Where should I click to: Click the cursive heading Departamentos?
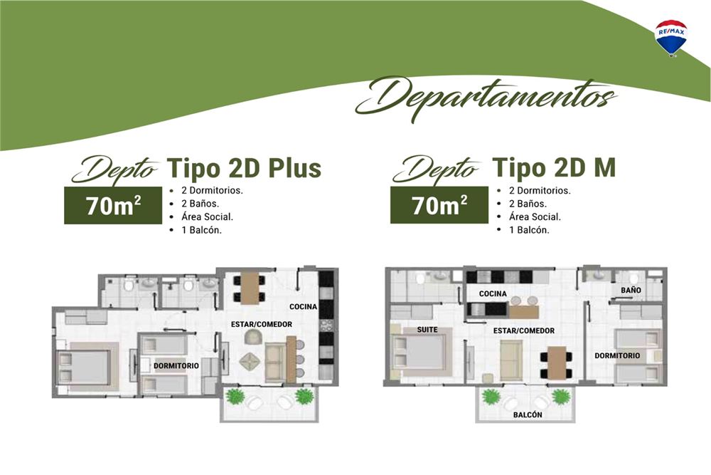click(486, 98)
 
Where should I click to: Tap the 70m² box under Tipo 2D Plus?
click(113, 205)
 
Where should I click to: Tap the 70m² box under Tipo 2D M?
click(439, 205)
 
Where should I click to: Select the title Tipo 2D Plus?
click(244, 168)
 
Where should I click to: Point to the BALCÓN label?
click(528, 414)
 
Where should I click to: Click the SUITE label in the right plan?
click(427, 329)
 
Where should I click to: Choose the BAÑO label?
click(631, 290)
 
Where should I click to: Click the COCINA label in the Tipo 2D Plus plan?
click(303, 306)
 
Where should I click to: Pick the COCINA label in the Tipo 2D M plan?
click(493, 294)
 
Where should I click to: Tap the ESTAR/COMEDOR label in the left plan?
click(261, 324)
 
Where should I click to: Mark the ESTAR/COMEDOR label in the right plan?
click(524, 330)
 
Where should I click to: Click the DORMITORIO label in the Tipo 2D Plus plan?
click(176, 365)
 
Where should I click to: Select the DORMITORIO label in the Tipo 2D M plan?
click(617, 355)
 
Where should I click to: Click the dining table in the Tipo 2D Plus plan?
click(250, 288)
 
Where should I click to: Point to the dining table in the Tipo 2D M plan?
click(556, 363)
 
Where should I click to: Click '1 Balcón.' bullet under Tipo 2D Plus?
click(201, 230)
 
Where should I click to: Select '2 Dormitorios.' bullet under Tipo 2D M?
click(539, 191)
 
